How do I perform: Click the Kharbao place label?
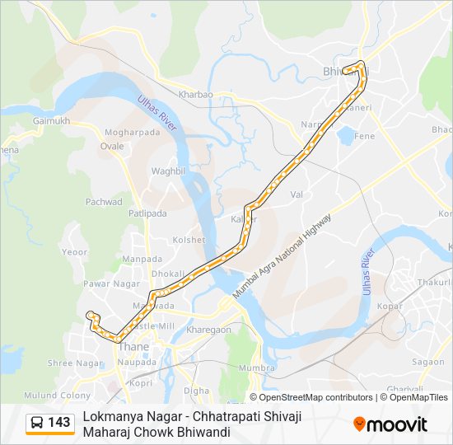click(x=196, y=95)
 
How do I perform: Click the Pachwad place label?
click(x=104, y=202)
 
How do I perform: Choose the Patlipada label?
click(x=147, y=213)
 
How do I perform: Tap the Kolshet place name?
click(x=188, y=240)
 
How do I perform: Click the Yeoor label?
click(x=75, y=252)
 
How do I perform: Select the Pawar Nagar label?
click(x=108, y=284)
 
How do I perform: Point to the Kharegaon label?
click(x=208, y=330)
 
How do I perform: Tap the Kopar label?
click(x=389, y=306)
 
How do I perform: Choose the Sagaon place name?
click(x=428, y=362)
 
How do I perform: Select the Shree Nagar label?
click(x=76, y=363)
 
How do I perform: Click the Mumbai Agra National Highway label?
click(x=282, y=256)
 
